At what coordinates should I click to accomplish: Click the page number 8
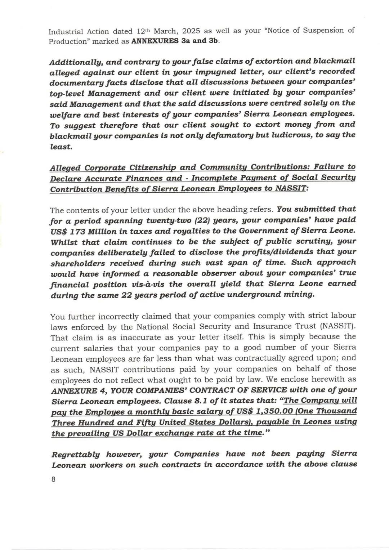coord(53,479)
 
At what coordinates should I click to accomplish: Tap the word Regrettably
coord(75,454)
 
